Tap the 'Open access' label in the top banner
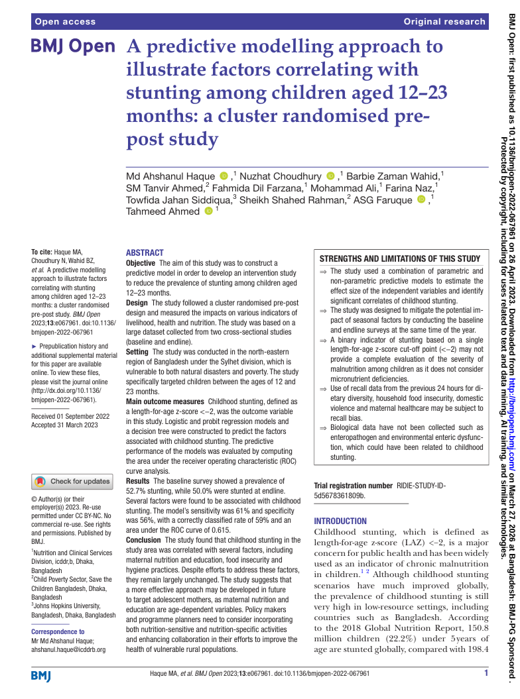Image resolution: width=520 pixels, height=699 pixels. click(66, 22)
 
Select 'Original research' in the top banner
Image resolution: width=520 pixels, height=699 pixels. click(444, 22)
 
